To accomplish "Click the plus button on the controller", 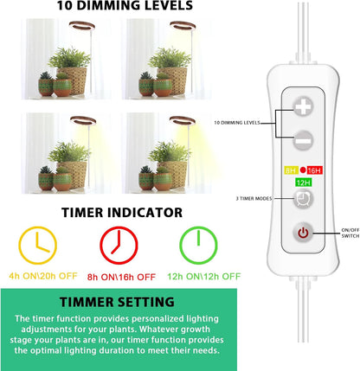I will click(303, 107).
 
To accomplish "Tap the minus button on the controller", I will click(303, 138).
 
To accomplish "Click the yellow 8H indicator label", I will click(291, 170).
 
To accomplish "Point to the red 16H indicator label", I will click(313, 170).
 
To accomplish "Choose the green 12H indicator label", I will click(303, 182).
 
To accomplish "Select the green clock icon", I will click(197, 246).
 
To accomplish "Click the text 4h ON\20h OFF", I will click(39, 277).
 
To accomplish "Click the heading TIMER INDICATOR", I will click(120, 211).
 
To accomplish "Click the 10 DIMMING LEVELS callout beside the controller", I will click(258, 123).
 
